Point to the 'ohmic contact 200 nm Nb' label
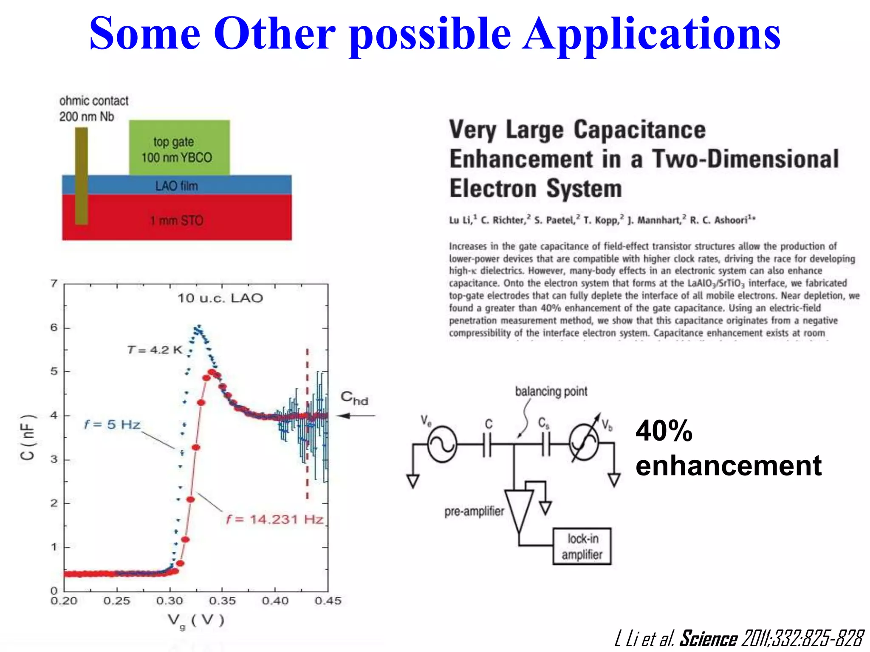click(x=93, y=109)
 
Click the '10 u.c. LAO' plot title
click(x=220, y=298)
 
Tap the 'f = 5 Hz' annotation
click(x=112, y=424)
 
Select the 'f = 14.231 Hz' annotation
click(x=275, y=519)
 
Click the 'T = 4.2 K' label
click(x=155, y=350)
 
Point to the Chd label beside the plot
click(x=354, y=398)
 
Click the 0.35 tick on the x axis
click(x=222, y=601)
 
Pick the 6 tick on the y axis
click(x=54, y=327)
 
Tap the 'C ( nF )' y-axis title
click(x=28, y=437)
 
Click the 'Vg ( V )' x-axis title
click(x=195, y=621)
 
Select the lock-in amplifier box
click(x=582, y=546)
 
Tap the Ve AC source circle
click(x=442, y=444)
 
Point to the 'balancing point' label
click(x=551, y=391)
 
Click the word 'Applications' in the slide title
click(x=651, y=34)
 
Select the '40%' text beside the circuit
click(x=664, y=431)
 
